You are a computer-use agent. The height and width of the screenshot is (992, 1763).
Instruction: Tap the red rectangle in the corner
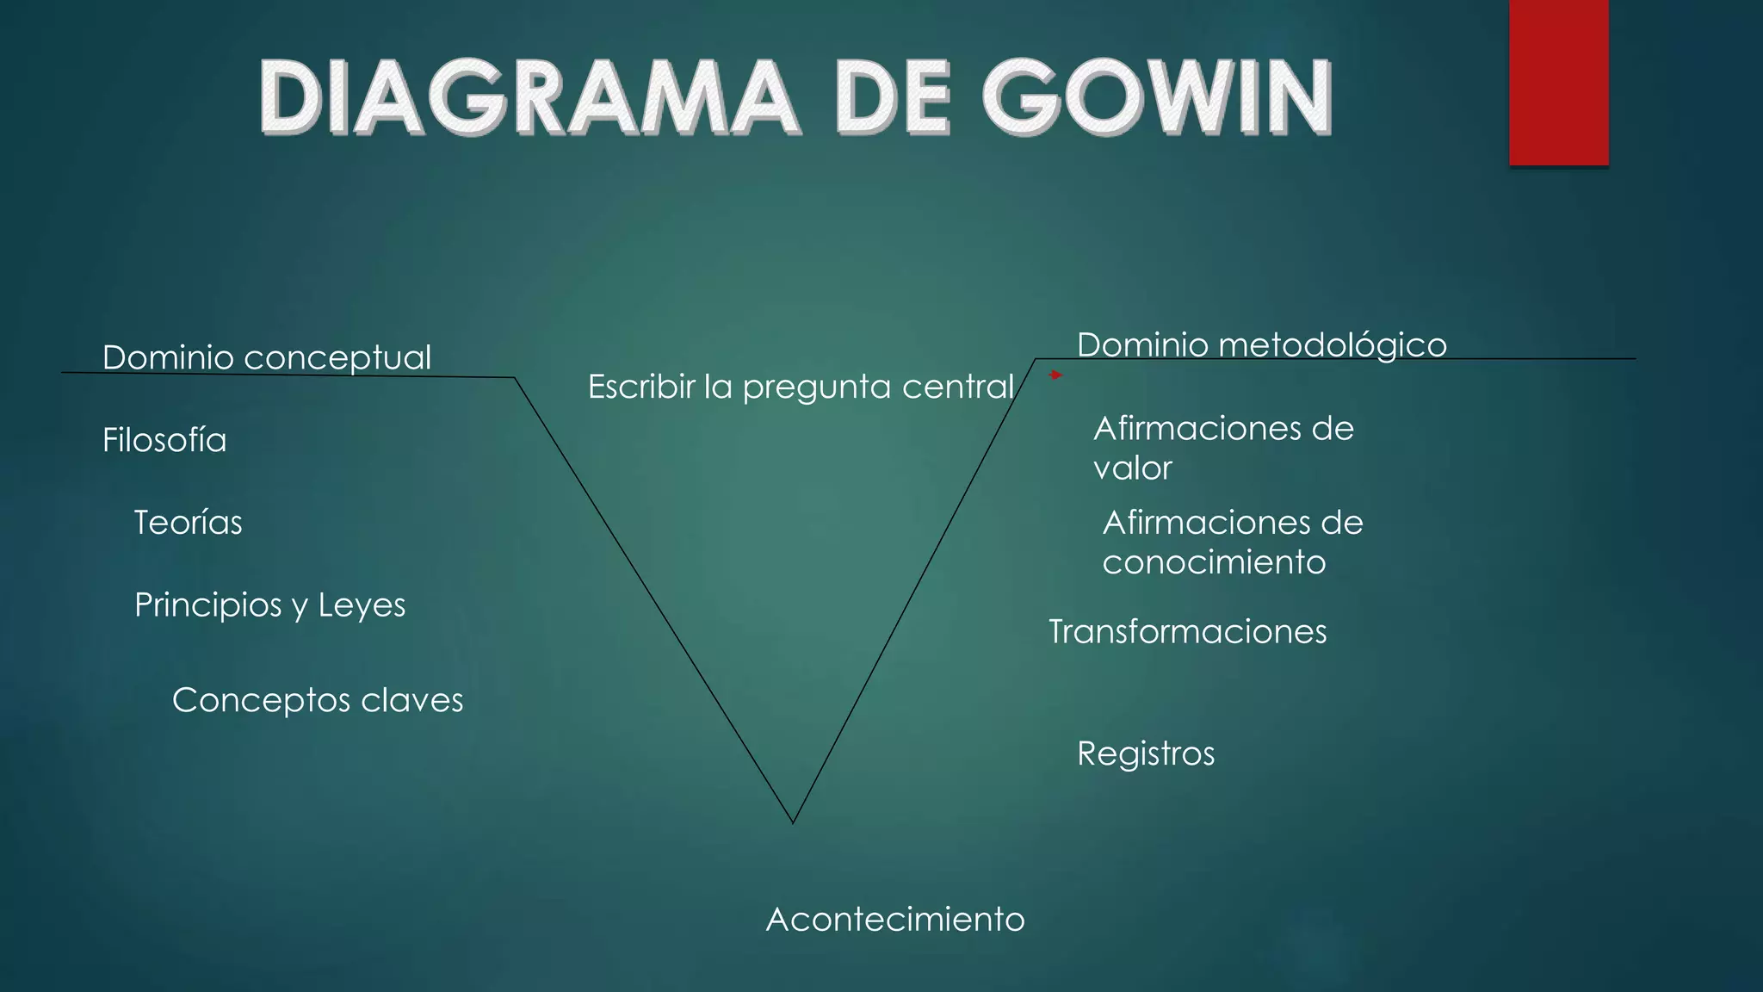pos(1558,82)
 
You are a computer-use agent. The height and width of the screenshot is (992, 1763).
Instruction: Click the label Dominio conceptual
pos(267,357)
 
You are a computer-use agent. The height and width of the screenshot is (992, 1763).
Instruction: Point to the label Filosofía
pos(164,440)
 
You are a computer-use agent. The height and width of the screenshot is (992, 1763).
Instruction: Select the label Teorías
pos(188,523)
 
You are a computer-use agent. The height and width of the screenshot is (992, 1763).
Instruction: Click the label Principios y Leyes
pos(269,605)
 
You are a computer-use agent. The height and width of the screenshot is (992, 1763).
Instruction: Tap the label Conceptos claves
pos(318,700)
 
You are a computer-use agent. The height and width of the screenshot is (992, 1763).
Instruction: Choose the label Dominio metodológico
pos(1261,344)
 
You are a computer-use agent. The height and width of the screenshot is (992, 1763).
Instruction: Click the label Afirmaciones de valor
pos(1222,448)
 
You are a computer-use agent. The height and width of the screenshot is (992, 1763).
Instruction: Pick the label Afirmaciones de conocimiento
pos(1232,542)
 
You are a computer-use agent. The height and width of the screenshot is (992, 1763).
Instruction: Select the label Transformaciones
pos(1187,632)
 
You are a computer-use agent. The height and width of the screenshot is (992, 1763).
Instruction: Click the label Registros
pos(1146,753)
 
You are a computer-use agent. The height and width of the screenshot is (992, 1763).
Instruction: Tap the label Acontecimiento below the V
pos(895,920)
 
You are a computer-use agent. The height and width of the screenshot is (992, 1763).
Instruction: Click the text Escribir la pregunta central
pos(801,387)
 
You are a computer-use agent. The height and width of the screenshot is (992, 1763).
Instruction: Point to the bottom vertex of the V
pos(793,822)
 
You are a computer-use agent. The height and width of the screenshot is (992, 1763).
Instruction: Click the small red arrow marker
pos(1055,375)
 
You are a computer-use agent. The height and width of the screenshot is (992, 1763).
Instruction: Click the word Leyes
pos(362,605)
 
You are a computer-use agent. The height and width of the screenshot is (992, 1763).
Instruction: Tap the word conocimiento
pos(1214,562)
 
